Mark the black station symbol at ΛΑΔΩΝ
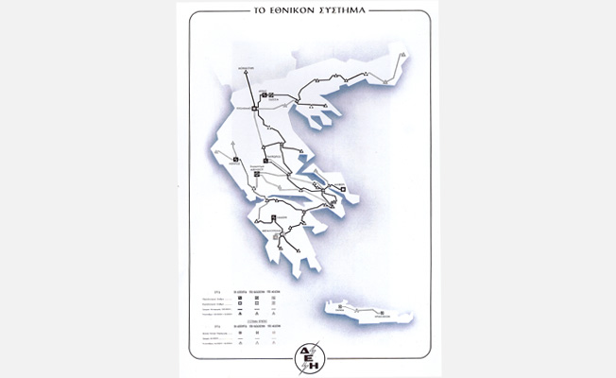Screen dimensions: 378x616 [273, 218]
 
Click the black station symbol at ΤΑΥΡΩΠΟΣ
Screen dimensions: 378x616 [254, 162]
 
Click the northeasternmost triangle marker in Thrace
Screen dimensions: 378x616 [403, 56]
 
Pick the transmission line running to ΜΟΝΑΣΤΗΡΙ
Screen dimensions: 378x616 [249, 85]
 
